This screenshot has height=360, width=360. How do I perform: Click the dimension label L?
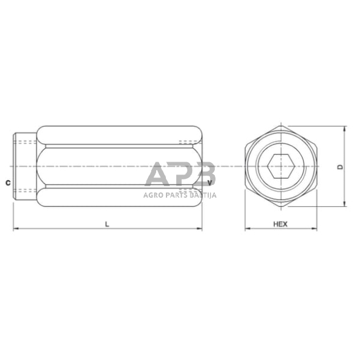pyautogui.click(x=107, y=224)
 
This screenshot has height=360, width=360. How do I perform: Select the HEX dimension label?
pyautogui.click(x=280, y=224)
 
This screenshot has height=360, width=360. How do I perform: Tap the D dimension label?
pyautogui.click(x=340, y=166)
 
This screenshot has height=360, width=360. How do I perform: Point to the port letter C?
pyautogui.click(x=6, y=182)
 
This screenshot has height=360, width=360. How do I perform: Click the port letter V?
pyautogui.click(x=210, y=182)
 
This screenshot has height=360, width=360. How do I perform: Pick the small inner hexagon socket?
pyautogui.click(x=280, y=166)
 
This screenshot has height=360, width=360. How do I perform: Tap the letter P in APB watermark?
pyautogui.click(x=182, y=174)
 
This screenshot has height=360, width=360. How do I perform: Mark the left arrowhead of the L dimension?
pyautogui.click(x=16, y=230)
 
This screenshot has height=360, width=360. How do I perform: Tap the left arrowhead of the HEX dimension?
pyautogui.click(x=247, y=230)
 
